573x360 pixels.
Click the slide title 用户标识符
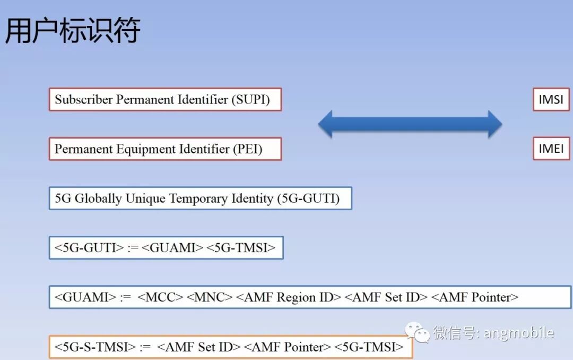click(x=73, y=30)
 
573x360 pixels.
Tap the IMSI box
click(x=551, y=99)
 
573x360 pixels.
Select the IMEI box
click(x=551, y=149)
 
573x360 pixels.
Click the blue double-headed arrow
click(x=410, y=124)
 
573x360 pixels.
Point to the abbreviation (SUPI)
click(x=250, y=100)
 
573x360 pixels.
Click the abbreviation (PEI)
click(x=247, y=149)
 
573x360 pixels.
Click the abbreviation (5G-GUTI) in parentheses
click(x=308, y=199)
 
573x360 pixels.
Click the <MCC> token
click(x=160, y=297)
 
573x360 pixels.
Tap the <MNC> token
click(x=209, y=297)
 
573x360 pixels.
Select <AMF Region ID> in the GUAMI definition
click(x=289, y=297)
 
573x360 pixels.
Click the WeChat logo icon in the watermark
click(x=418, y=333)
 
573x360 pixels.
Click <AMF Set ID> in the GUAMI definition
click(x=386, y=297)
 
